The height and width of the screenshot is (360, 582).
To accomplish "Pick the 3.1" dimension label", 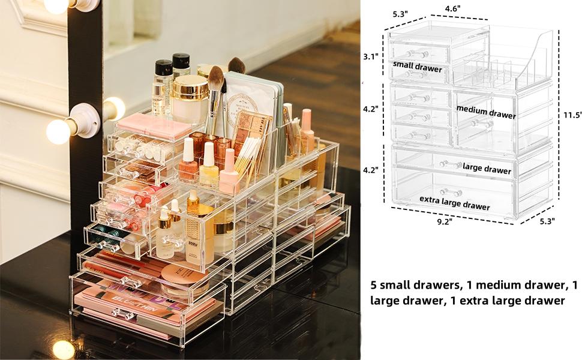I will click(370, 57).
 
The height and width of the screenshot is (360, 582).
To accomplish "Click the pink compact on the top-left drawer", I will click(154, 127).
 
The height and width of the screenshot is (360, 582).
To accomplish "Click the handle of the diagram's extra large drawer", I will click(451, 192).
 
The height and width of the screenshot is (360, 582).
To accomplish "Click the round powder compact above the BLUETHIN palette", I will click(182, 277).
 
